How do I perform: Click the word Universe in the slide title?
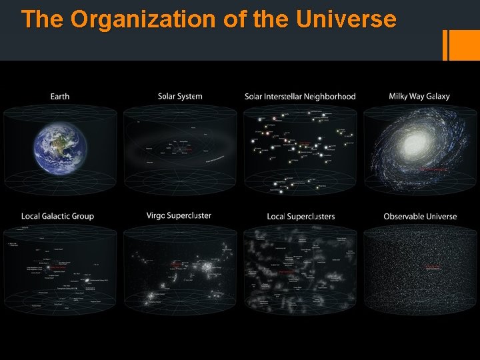point(346,19)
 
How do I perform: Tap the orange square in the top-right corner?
point(465,45)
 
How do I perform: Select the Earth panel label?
point(60,97)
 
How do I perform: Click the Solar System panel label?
point(180,97)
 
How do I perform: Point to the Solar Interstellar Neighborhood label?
point(300,97)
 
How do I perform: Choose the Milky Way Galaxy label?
point(419,97)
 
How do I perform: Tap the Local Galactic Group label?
point(57,216)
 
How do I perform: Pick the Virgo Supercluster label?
point(179,215)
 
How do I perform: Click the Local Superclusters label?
point(301,217)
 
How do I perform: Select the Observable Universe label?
point(420,216)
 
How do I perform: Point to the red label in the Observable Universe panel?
point(433,267)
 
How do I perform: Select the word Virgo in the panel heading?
point(156,215)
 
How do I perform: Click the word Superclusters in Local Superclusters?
point(311,217)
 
